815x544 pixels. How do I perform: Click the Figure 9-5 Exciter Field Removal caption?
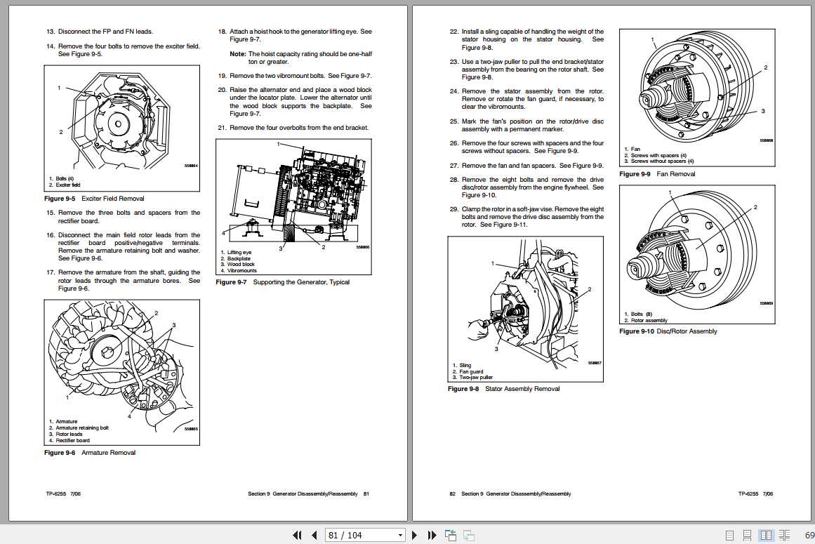(94, 199)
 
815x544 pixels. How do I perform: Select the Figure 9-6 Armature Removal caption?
(90, 453)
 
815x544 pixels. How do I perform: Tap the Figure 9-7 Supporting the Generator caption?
(282, 282)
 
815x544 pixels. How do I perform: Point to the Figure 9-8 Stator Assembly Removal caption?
(503, 389)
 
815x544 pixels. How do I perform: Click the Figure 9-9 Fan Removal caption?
(656, 174)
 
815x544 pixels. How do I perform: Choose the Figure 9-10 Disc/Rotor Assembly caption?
(668, 331)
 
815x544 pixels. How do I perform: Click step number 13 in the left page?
(51, 32)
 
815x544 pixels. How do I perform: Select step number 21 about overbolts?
(222, 128)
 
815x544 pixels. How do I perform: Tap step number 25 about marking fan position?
(454, 121)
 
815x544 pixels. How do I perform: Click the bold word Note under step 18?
(238, 54)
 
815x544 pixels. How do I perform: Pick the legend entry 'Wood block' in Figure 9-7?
(241, 265)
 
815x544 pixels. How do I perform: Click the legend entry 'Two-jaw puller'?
(476, 377)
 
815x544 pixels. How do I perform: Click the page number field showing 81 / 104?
(365, 535)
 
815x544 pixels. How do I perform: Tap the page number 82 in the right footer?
(453, 493)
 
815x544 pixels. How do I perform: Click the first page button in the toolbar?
(297, 535)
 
